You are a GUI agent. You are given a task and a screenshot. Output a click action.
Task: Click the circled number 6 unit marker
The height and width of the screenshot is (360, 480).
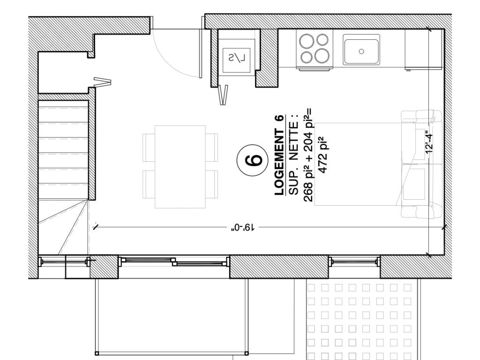(253, 160)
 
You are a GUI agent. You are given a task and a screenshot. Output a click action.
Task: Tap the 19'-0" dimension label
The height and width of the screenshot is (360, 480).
(243, 227)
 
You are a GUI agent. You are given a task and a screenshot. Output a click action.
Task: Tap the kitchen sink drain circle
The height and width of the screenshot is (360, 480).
(361, 52)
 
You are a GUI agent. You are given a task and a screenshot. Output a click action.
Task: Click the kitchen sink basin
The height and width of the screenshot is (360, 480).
(361, 50)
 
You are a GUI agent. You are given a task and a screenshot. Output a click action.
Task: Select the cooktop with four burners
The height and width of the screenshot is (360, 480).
(315, 49)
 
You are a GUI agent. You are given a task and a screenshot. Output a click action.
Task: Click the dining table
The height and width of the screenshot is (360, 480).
(180, 166)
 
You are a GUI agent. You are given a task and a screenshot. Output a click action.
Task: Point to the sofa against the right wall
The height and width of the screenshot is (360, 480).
(421, 164)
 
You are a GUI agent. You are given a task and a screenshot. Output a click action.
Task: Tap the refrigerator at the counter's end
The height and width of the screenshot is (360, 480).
(424, 49)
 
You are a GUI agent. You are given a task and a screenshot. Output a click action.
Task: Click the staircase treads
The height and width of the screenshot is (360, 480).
(63, 150)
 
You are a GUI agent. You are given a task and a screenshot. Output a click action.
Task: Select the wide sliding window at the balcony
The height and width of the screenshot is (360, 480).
(174, 262)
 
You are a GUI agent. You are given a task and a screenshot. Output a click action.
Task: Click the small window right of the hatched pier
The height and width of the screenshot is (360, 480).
(354, 262)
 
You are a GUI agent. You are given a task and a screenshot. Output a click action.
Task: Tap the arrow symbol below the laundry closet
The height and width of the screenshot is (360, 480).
(224, 95)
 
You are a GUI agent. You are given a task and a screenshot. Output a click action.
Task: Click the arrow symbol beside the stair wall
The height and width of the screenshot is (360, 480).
(102, 82)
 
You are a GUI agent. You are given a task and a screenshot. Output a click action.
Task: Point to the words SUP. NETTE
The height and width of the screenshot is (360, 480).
(293, 155)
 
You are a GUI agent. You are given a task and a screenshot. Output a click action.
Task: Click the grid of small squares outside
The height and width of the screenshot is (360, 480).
(359, 322)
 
